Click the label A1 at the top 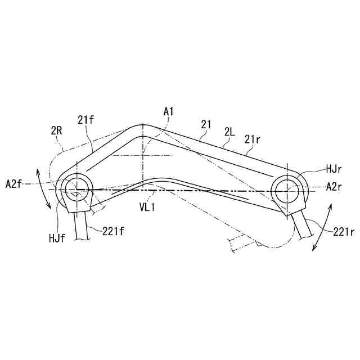coord(168,112)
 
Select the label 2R coord(56,131)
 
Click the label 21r coord(252,139)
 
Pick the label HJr coord(334,170)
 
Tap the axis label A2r coord(334,187)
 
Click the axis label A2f coord(14,184)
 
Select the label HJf coord(57,238)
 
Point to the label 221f coord(113,231)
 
